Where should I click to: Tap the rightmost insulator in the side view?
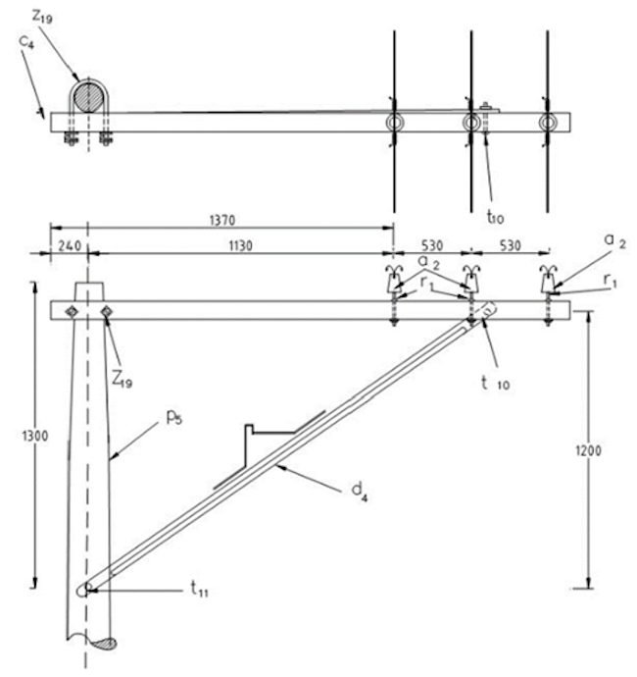point(549,285)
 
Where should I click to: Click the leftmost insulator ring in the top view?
point(394,123)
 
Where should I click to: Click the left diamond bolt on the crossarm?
point(70,311)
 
